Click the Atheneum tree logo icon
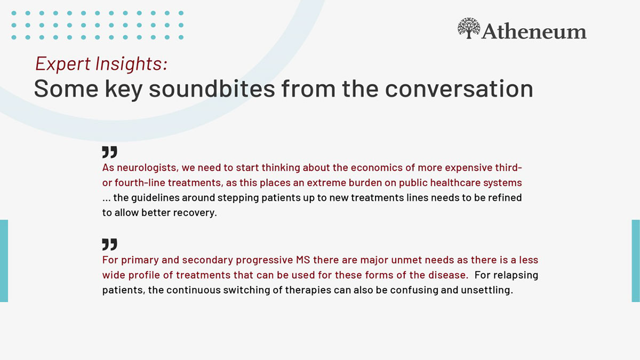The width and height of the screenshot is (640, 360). click(469, 28)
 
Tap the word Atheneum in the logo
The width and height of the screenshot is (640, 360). click(534, 31)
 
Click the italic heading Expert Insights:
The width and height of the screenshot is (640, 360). click(101, 63)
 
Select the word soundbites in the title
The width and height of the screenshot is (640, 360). click(212, 89)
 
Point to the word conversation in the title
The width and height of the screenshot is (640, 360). click(459, 89)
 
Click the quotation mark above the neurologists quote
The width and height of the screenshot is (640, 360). click(110, 153)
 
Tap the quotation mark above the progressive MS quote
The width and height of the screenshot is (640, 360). click(110, 245)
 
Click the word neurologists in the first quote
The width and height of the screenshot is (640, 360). click(148, 167)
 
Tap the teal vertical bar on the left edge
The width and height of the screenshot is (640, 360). click(4, 261)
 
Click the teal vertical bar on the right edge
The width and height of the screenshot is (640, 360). click(636, 261)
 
